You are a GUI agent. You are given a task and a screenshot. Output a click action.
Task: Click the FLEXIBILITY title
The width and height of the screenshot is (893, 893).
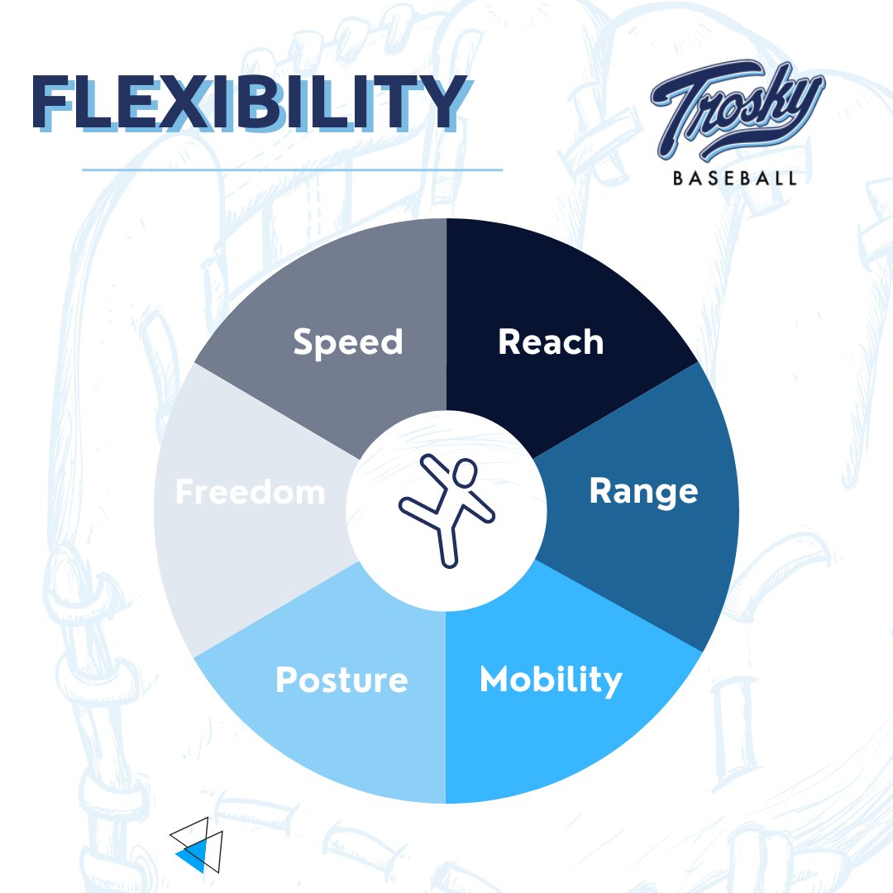click(246, 103)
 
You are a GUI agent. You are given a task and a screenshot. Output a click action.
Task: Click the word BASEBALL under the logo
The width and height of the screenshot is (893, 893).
click(735, 178)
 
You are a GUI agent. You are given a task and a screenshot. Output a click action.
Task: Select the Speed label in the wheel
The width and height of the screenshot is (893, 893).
click(347, 341)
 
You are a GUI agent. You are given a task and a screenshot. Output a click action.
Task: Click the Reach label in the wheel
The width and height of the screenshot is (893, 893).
click(551, 341)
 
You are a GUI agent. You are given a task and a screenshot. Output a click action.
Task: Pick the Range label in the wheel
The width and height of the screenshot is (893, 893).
click(643, 491)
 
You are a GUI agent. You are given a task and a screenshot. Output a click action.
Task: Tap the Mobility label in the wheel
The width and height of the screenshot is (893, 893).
click(551, 680)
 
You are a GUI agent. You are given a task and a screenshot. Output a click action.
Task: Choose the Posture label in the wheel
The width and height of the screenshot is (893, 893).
click(341, 680)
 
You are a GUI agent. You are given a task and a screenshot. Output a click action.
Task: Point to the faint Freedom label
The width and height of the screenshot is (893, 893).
click(250, 492)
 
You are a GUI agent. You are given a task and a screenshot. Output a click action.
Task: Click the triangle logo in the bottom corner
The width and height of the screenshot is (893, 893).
click(197, 844)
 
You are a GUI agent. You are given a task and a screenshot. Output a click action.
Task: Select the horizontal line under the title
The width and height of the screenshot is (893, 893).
click(292, 170)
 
